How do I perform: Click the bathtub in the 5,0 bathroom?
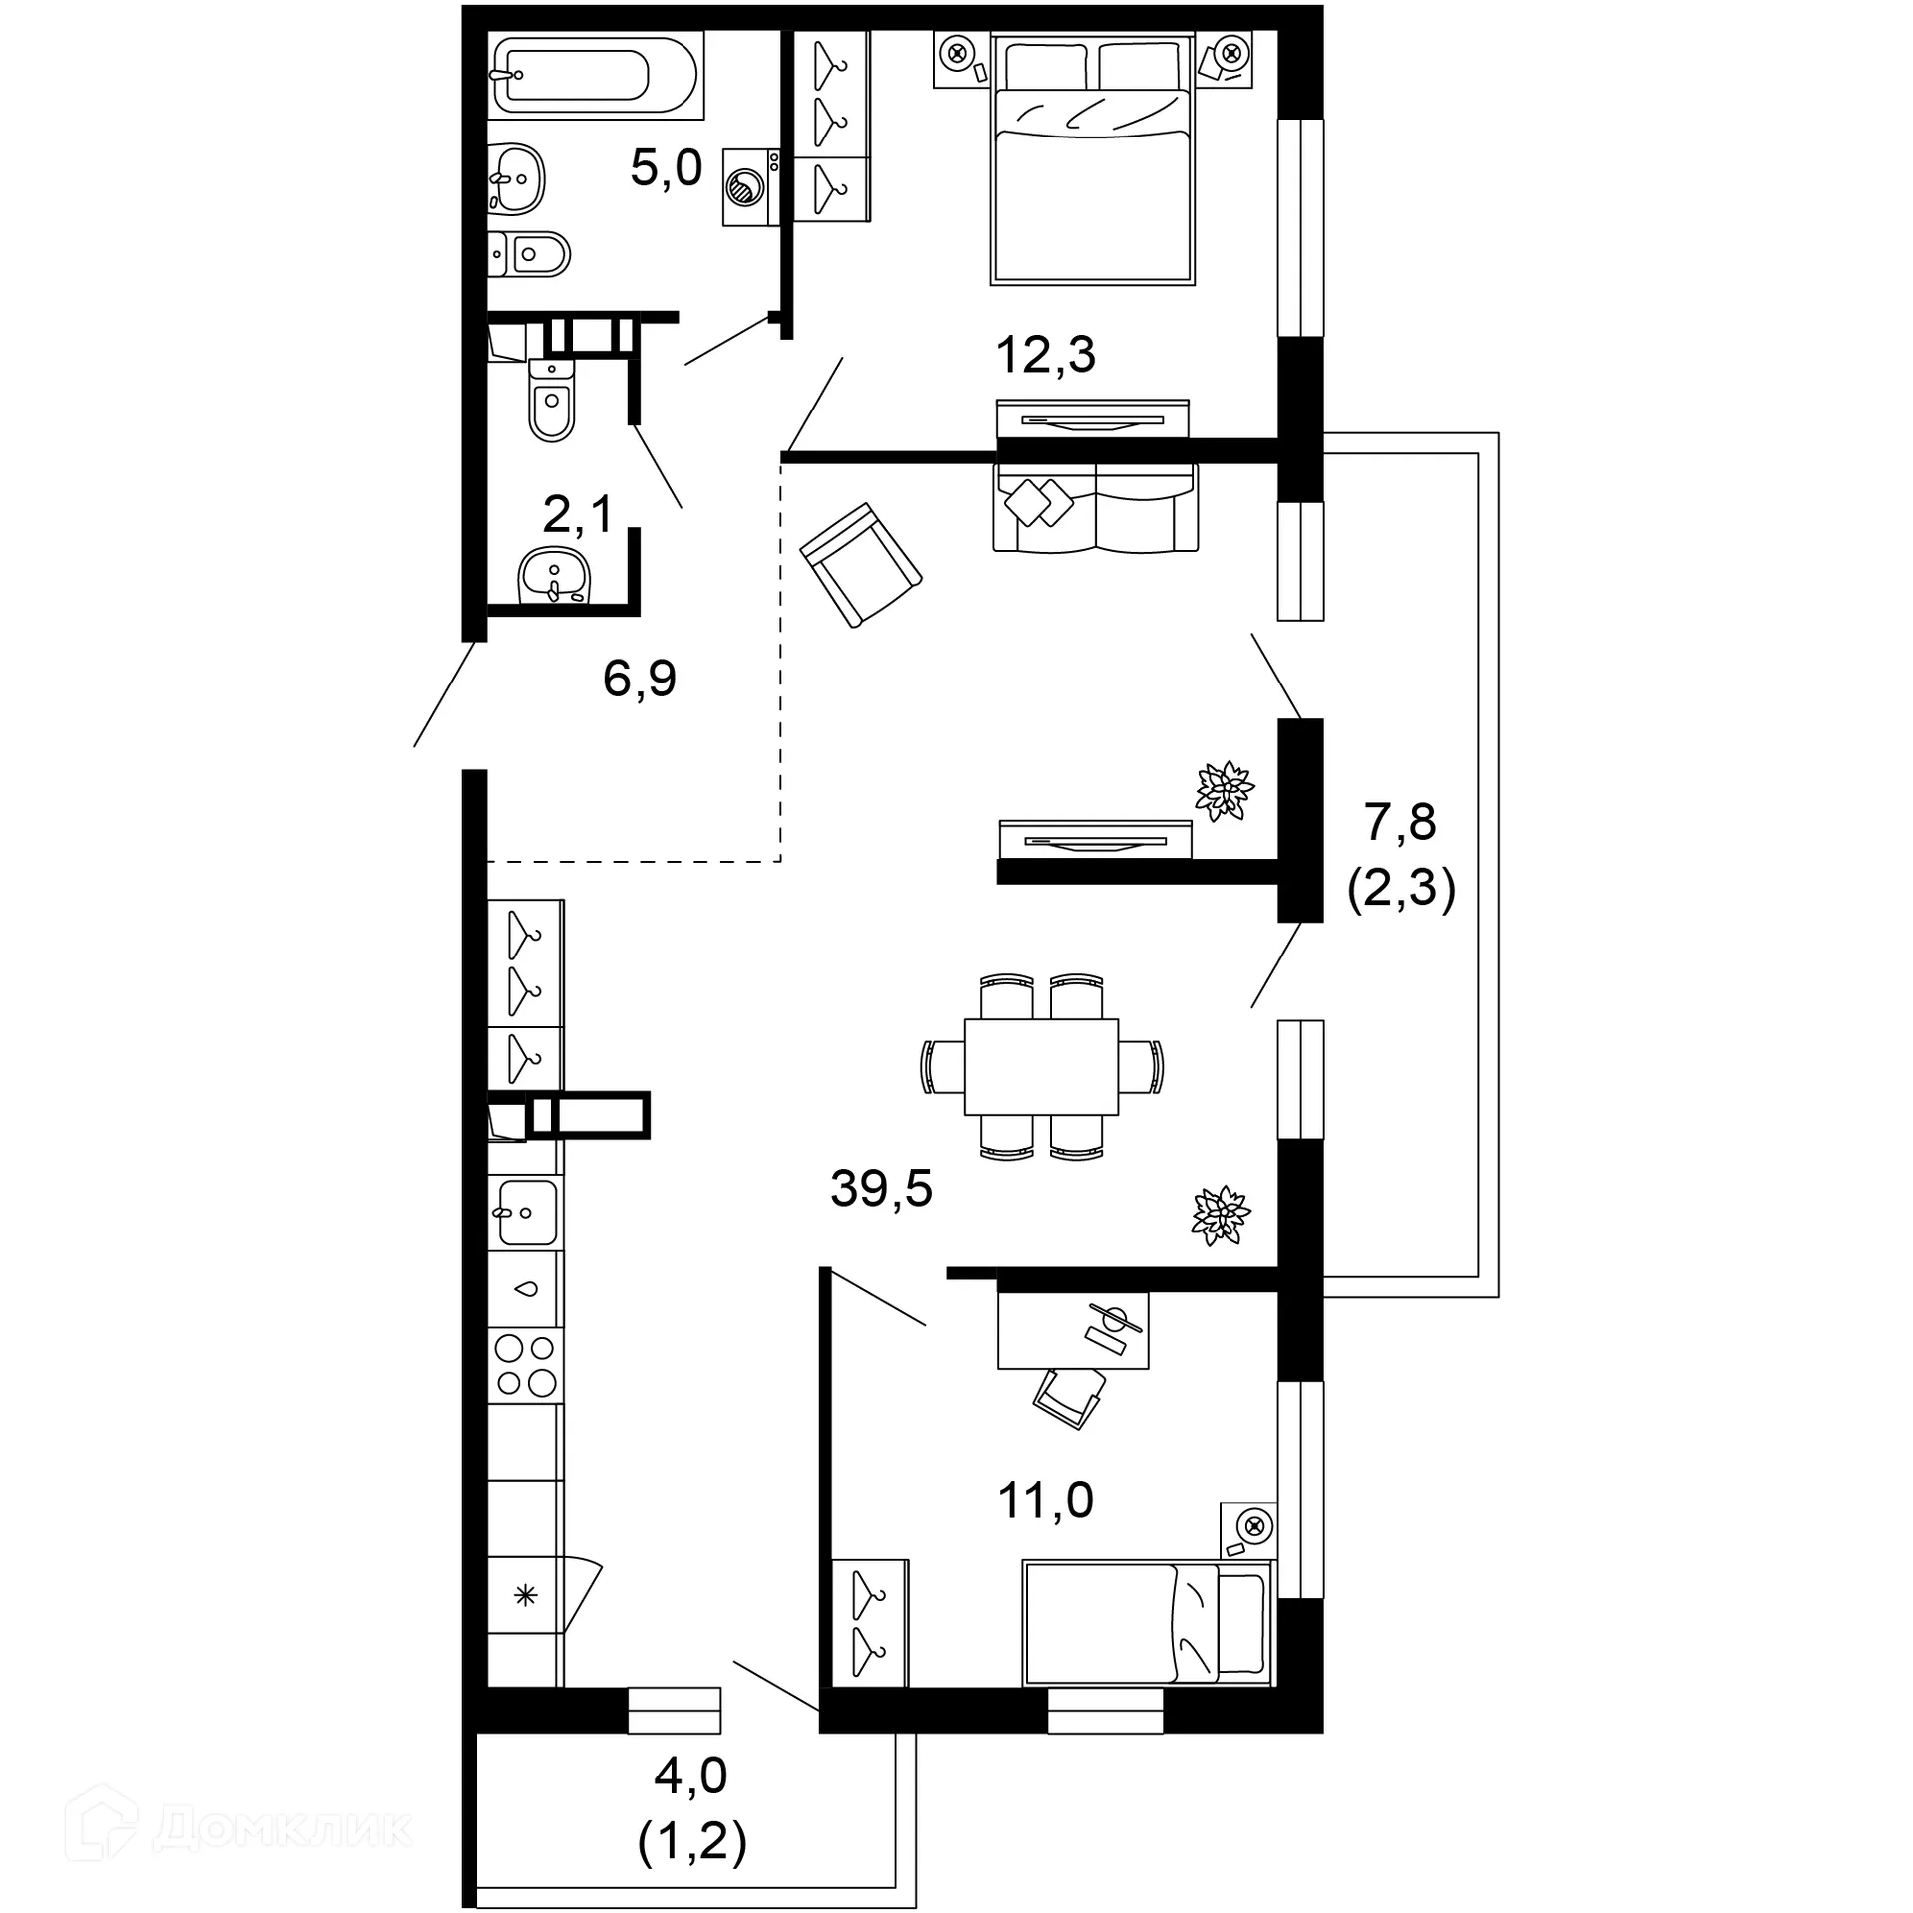595,75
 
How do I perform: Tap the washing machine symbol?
750,187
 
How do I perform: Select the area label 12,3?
1045,356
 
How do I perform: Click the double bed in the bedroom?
1093,159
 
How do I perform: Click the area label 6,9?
639,680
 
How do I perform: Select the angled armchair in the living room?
861,565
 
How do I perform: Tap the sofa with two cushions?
1095,508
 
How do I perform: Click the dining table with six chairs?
1041,1066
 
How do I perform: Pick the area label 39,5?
881,1189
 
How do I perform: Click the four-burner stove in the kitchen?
525,1365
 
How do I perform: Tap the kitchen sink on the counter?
526,1212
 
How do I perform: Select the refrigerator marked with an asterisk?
525,1595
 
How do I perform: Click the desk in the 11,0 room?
1072,1330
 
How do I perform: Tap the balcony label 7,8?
1400,823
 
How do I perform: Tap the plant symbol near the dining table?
1221,1215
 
